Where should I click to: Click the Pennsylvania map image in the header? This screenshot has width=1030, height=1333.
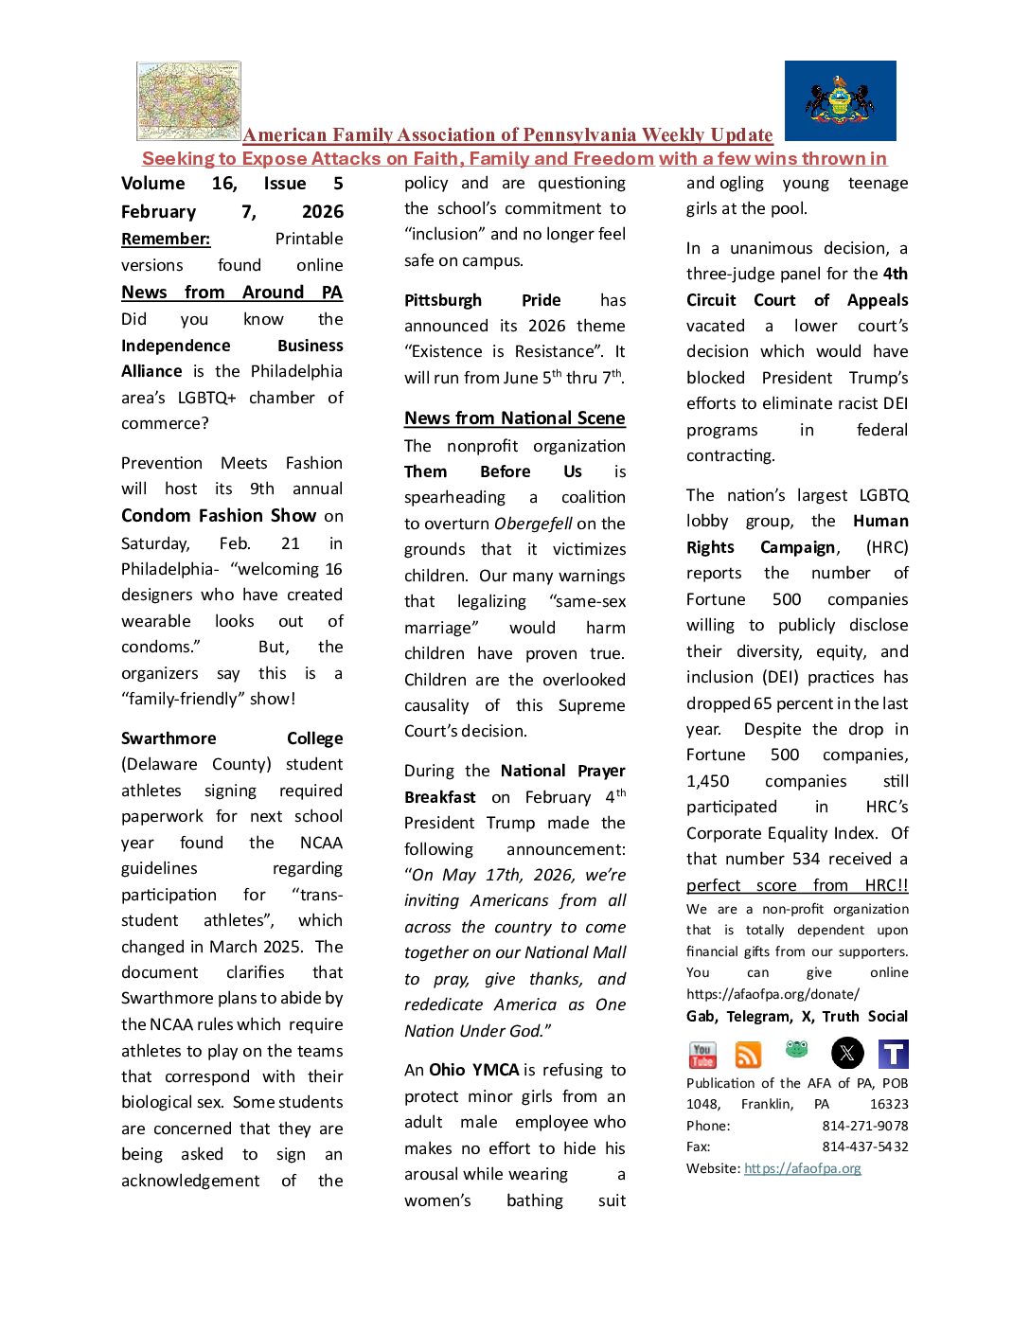[x=188, y=100]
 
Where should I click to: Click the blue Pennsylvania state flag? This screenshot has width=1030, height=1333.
[x=840, y=100]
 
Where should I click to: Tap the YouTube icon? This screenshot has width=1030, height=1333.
[x=702, y=1054]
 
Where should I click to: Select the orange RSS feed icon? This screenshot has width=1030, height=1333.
[x=748, y=1055]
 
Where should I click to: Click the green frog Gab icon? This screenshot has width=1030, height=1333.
[x=796, y=1049]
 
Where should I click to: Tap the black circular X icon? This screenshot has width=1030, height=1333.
[x=847, y=1053]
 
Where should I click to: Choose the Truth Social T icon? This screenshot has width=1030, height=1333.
[x=893, y=1054]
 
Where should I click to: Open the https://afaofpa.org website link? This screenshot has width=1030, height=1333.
[x=802, y=1168]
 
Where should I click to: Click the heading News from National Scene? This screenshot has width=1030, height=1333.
[x=514, y=418]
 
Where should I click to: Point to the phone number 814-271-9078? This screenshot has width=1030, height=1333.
[x=864, y=1126]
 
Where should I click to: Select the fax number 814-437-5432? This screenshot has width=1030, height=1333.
[x=864, y=1146]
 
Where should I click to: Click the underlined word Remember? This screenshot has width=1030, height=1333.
[x=166, y=239]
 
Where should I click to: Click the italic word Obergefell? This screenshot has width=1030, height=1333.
[x=533, y=524]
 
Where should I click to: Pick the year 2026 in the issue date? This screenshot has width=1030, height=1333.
[x=322, y=212]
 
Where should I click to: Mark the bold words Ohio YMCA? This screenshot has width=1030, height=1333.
[x=473, y=1070]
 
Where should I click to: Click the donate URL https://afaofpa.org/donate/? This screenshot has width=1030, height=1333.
[x=772, y=994]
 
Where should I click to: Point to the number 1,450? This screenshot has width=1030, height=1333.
[x=708, y=781]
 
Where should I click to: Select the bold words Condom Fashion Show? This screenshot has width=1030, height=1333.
[x=218, y=516]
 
